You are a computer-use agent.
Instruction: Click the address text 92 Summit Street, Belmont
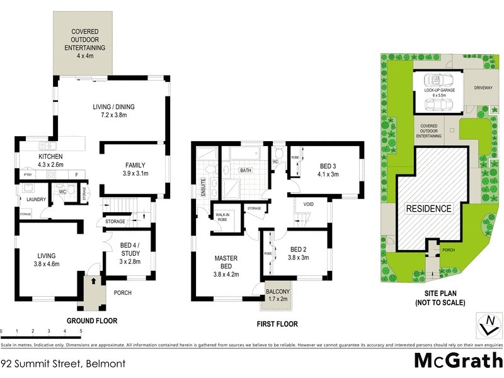[x=63, y=364]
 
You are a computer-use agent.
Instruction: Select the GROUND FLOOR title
[x=92, y=321]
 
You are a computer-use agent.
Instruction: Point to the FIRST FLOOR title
[x=277, y=324]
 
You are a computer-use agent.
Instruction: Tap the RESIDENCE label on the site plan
[x=428, y=209]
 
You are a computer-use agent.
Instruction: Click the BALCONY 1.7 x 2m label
[x=278, y=295]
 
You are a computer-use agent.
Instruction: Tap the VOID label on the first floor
[x=308, y=204]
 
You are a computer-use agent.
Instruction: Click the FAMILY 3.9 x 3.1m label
[x=135, y=169]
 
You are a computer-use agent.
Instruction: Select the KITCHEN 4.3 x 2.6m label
[x=50, y=160]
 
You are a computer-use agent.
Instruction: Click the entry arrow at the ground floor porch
[x=94, y=282]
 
